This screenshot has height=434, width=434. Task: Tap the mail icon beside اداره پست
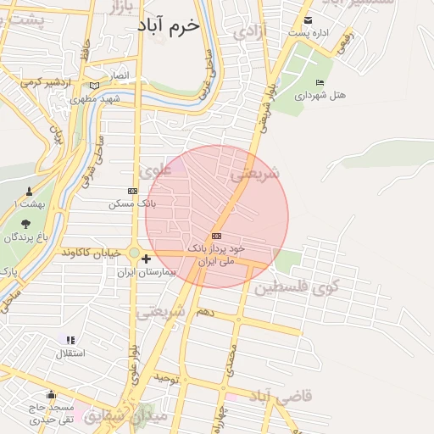(x=307, y=20)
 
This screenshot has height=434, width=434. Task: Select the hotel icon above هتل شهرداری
(x=320, y=82)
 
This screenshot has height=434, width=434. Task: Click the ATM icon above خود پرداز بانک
(x=217, y=236)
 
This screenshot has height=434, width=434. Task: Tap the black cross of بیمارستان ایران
(x=147, y=259)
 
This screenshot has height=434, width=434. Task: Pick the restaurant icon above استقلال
(x=70, y=340)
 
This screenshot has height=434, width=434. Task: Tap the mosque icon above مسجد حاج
(x=51, y=393)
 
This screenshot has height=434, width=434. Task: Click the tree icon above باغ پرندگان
(x=25, y=224)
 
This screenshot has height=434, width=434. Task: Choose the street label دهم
(x=204, y=314)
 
